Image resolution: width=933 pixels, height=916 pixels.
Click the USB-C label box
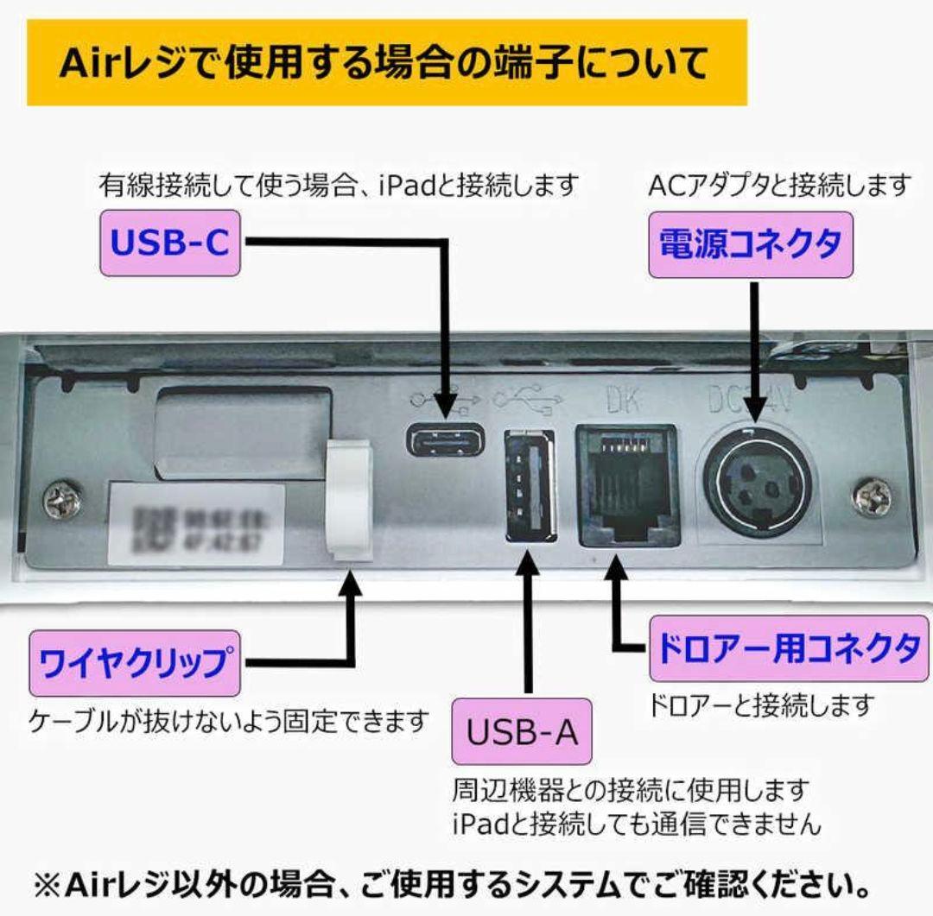(x=170, y=244)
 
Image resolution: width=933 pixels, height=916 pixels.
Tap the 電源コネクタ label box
(x=750, y=244)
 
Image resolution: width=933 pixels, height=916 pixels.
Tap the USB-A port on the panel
(x=529, y=486)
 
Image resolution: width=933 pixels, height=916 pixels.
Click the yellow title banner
(x=386, y=63)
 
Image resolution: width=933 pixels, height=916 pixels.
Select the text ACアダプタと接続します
(x=778, y=184)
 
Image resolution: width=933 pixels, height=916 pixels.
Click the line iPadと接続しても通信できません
(x=636, y=823)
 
